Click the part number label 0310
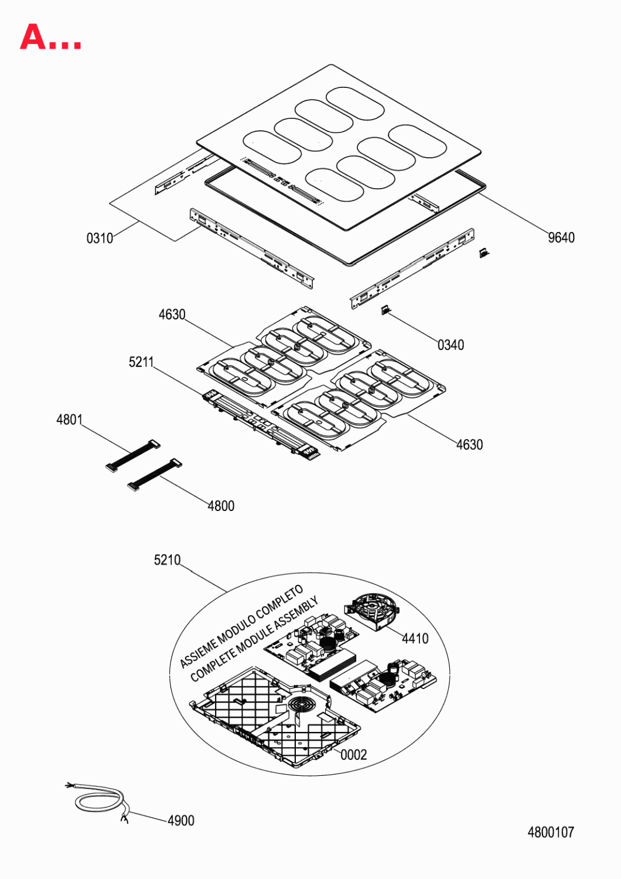tap(100, 238)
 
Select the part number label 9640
tap(561, 237)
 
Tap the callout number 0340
tap(451, 345)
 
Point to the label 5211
tap(141, 362)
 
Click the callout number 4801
tap(70, 420)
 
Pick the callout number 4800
tap(221, 506)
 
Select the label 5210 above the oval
tap(167, 560)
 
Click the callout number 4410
tap(415, 639)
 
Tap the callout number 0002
tap(353, 755)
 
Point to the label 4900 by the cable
tap(181, 820)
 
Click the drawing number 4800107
tap(551, 832)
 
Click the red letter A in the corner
tap(33, 36)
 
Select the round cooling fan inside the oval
tap(372, 612)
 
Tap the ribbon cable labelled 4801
tap(133, 455)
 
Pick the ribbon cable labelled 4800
tap(155, 475)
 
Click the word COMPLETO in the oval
tap(278, 606)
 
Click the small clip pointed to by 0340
tap(385, 311)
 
